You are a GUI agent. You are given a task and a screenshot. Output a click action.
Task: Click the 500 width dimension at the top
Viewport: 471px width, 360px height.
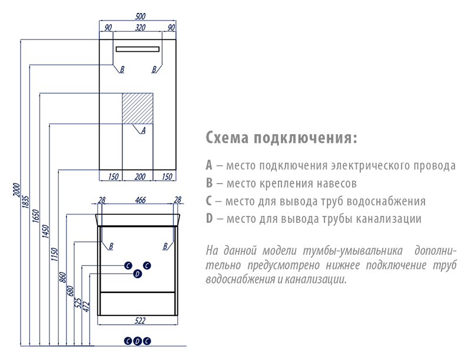tap(140, 16)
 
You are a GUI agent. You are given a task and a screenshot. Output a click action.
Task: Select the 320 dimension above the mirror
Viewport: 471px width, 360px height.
tap(140, 28)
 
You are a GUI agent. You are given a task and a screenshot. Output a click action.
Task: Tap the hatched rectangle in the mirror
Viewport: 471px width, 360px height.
tap(138, 108)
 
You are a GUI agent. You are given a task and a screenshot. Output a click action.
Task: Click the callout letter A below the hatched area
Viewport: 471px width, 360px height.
tap(143, 131)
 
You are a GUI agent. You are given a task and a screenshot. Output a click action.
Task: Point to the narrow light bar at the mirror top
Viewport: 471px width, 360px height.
tap(138, 49)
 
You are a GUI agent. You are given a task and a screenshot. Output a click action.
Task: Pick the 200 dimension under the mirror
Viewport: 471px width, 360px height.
tap(140, 176)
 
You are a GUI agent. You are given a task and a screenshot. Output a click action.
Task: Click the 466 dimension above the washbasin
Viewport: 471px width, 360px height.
tap(140, 200)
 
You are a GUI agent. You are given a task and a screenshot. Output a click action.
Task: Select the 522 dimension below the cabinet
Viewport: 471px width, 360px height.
tap(140, 321)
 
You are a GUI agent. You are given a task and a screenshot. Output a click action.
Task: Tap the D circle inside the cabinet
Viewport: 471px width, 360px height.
tap(137, 274)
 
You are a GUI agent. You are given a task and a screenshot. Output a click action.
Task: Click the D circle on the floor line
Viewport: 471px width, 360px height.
tap(137, 341)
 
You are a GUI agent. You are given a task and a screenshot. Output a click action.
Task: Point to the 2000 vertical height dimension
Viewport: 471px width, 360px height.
tap(16, 189)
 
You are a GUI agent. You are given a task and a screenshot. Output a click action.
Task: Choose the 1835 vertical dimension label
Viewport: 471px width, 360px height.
tap(26, 202)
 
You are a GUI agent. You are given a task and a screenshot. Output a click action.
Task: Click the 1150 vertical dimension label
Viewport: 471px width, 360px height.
tap(54, 254)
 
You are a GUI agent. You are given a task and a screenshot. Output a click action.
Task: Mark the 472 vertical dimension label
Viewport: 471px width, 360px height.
tap(86, 306)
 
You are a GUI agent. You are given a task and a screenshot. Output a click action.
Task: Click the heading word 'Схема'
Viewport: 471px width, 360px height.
tap(227, 138)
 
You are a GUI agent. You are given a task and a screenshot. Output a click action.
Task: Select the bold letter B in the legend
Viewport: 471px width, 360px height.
tap(210, 183)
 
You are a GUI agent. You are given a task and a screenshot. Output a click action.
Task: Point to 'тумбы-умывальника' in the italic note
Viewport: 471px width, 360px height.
tap(353, 251)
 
